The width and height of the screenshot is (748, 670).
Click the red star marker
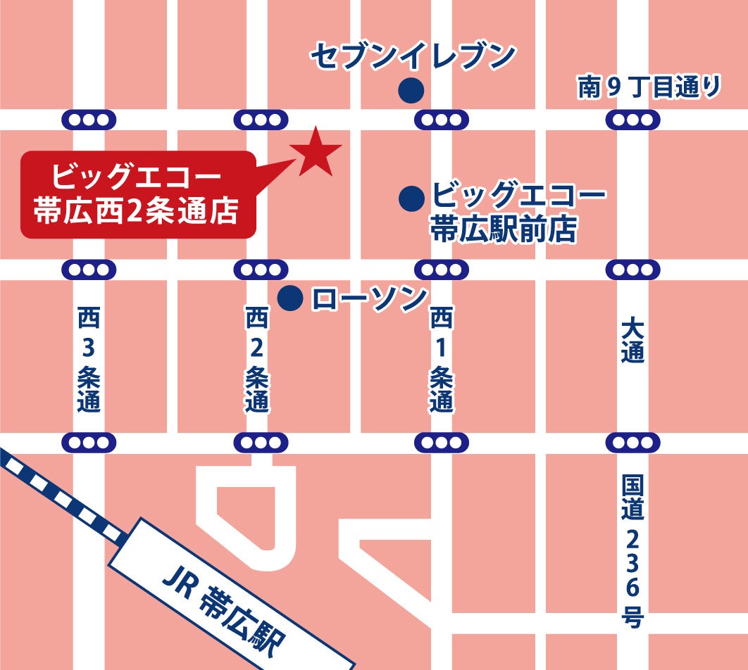coord(315,152)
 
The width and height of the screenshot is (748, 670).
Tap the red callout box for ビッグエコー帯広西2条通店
coord(137,194)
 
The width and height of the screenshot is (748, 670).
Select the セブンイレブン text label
coord(414,57)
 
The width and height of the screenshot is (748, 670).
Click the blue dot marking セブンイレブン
coord(411,90)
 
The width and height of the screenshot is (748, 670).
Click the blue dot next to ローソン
coord(289,298)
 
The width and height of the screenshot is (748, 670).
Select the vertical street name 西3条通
coord(89,360)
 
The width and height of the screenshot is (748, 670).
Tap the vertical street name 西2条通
coord(257,360)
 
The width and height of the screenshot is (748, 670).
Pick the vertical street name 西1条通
coord(441,360)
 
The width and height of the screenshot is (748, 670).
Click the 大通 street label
coord(632,341)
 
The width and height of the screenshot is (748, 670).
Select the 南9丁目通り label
coord(649,87)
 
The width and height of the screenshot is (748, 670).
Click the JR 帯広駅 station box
coord(232,595)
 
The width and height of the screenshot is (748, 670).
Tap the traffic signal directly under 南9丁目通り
coord(632,120)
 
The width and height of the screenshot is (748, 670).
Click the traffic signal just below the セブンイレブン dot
coord(441,120)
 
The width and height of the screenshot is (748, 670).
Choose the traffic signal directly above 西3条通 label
coord(89,270)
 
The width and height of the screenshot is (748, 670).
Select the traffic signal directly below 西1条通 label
coord(441,443)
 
